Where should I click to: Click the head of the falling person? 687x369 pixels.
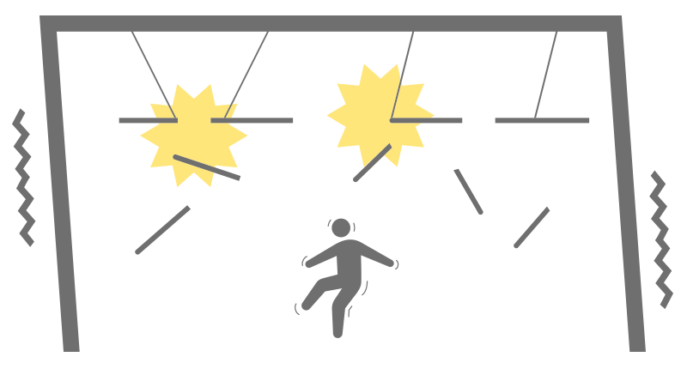(x=341, y=227)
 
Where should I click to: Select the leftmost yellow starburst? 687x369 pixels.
(x=193, y=136)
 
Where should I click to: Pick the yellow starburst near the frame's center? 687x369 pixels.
(x=378, y=113)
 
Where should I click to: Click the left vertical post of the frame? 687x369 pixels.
(x=59, y=189)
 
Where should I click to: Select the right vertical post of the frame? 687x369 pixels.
(x=626, y=189)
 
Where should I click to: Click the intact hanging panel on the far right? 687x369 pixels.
(x=542, y=120)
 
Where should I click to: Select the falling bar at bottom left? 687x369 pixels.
(x=162, y=230)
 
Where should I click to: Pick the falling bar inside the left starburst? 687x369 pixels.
(x=207, y=167)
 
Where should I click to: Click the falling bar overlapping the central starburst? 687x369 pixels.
(x=372, y=163)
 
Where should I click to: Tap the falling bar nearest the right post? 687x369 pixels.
(x=532, y=227)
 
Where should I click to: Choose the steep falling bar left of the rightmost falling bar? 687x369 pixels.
(x=469, y=191)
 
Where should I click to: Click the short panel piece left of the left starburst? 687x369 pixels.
(x=137, y=121)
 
